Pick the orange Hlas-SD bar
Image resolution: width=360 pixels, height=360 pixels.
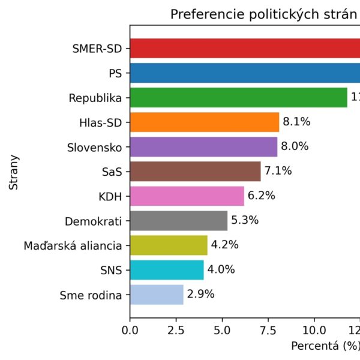tap(205, 122)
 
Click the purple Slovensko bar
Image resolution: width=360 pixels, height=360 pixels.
tap(203, 146)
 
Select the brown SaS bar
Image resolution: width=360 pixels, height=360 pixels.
tap(195, 171)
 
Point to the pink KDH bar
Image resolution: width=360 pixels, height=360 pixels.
tap(187, 196)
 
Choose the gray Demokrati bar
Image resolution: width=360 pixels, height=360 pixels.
tap(178, 220)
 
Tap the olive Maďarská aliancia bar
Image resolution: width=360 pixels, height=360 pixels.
tap(169, 245)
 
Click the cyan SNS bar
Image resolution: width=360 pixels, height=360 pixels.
tap(167, 269)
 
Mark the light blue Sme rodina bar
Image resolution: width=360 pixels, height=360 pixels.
tap(157, 294)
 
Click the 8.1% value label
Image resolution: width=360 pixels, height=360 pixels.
tap(296, 122)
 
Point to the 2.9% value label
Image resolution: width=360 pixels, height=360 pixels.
tap(200, 294)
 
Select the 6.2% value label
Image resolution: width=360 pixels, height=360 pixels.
tap(261, 196)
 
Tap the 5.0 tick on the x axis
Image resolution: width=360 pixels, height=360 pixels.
tap(222, 329)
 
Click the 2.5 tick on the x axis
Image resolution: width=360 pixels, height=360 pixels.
tap(176, 329)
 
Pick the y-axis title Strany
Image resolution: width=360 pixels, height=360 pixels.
tap(14, 173)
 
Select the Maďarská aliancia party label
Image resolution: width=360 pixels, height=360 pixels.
tap(73, 245)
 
